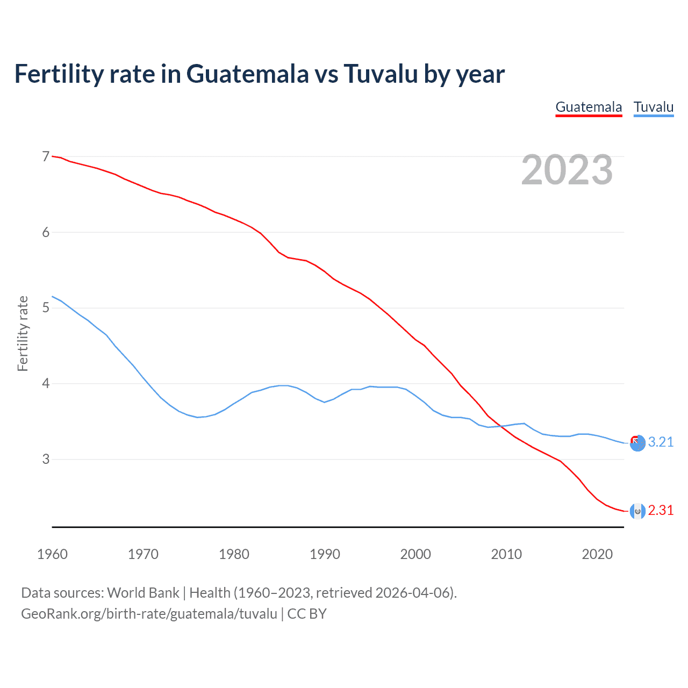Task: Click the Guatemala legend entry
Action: point(589,107)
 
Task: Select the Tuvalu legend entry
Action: point(653,107)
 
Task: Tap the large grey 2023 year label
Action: point(567,170)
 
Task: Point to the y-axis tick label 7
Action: point(46,156)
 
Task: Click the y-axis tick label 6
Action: point(46,232)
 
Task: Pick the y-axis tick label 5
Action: point(46,307)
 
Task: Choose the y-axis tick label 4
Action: point(46,383)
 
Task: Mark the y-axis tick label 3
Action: point(46,459)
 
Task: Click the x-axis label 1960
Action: point(52,554)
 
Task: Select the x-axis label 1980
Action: point(234,554)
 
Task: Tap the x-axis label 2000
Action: point(415,554)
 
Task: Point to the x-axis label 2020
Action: point(597,554)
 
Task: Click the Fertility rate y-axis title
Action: point(23,333)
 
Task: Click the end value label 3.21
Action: point(661,442)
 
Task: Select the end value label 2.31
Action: point(661,510)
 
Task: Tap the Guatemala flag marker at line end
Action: point(637,511)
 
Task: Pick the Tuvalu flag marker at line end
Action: point(637,443)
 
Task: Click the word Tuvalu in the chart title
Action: point(381,74)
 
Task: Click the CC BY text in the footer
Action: point(307,614)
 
